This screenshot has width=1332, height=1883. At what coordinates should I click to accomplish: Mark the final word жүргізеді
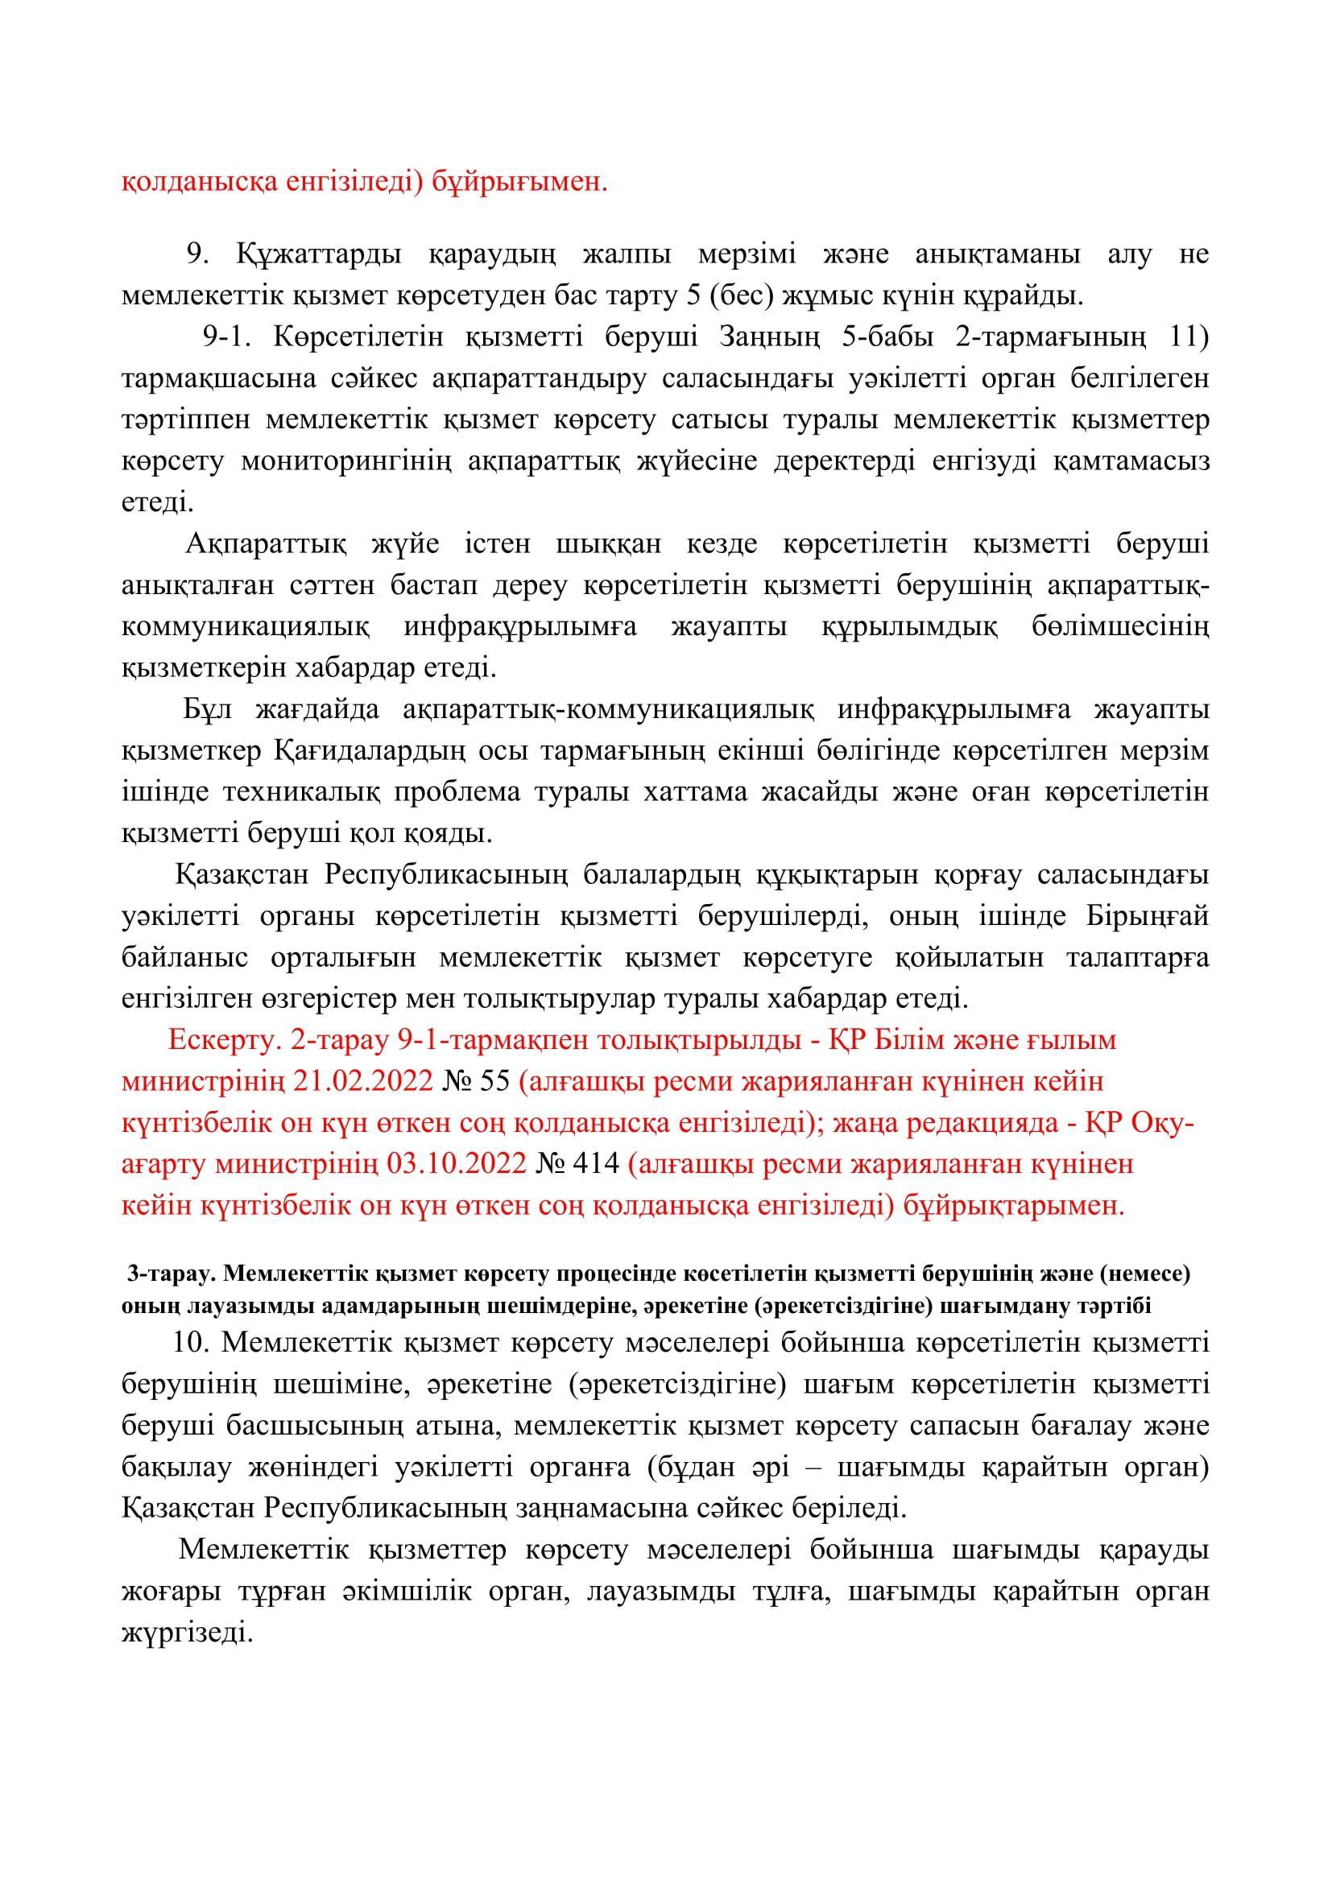pos(185,1632)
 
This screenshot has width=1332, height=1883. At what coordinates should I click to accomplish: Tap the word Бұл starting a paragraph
pos(209,709)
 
